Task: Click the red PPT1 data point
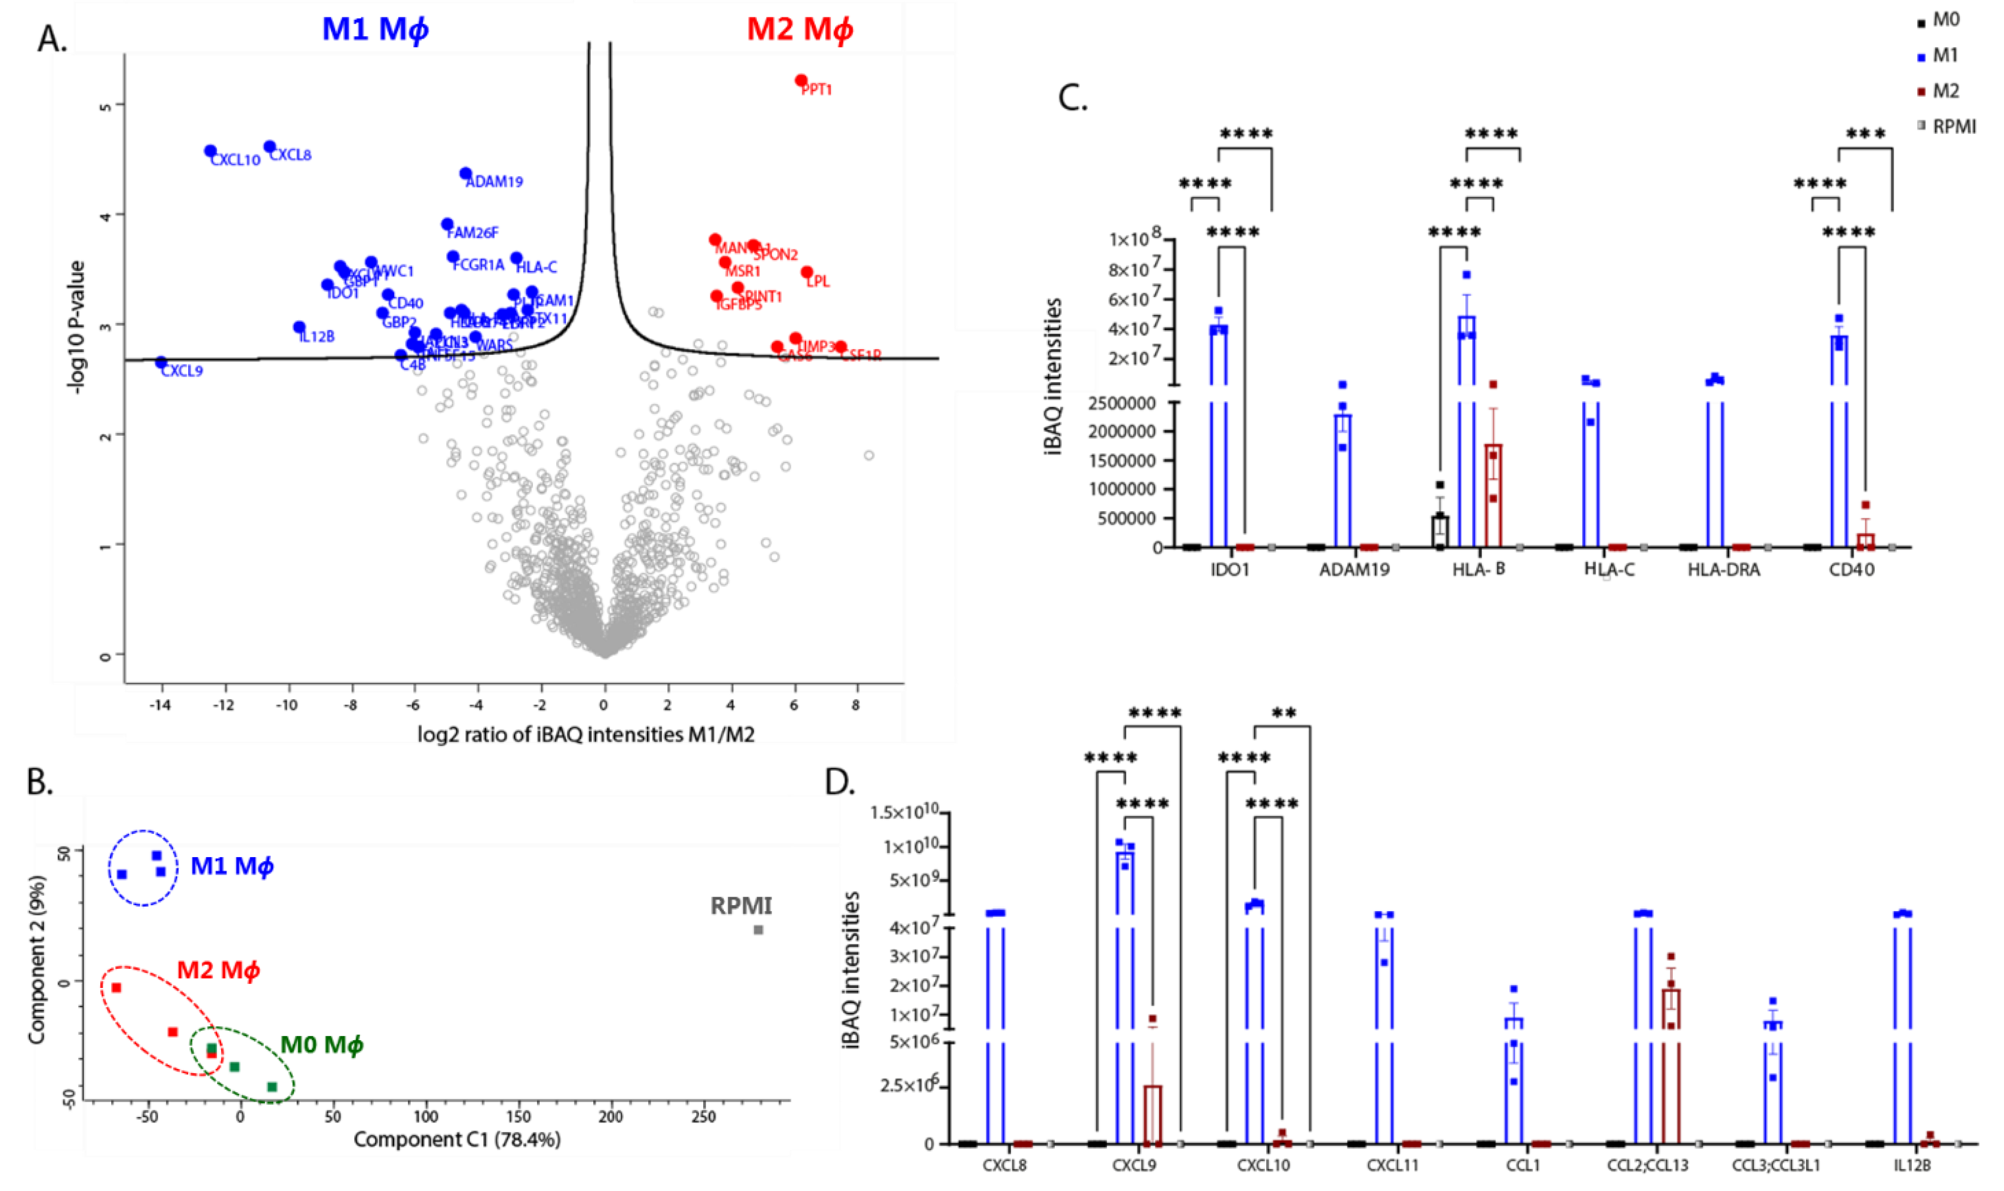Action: click(x=800, y=80)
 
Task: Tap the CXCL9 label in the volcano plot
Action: click(x=182, y=371)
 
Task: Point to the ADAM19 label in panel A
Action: click(x=495, y=182)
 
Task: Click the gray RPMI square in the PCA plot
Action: click(x=758, y=929)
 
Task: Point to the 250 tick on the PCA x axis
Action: click(x=704, y=1117)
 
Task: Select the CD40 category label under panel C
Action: click(x=1852, y=570)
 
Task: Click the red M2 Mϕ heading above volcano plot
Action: click(x=799, y=30)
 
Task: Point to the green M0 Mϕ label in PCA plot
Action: click(x=321, y=1044)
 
